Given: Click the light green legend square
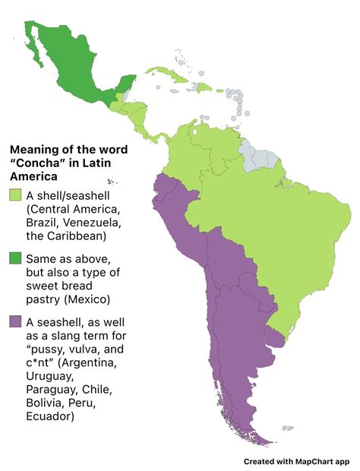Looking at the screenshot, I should [14, 196].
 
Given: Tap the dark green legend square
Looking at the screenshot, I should [14, 259].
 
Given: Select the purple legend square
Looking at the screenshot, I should [14, 322].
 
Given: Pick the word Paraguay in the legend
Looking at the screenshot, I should [53, 390].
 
